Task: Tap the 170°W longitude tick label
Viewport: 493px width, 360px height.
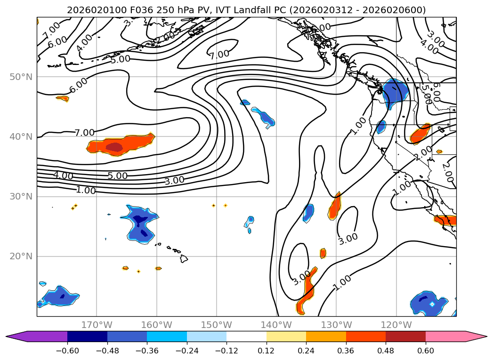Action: point(97,325)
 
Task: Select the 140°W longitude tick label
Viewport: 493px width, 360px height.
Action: point(276,325)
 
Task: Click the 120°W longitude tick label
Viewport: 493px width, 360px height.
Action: point(396,325)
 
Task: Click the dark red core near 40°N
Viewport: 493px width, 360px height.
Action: point(114,147)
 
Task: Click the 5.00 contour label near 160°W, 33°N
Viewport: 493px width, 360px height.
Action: point(117,176)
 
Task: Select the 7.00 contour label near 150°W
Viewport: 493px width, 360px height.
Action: point(219,55)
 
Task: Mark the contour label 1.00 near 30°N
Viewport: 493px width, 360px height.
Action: point(86,191)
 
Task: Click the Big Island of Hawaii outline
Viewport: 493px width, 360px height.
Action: point(184,259)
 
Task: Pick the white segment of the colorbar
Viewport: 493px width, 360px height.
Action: point(246,336)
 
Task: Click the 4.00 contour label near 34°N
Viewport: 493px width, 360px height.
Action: point(63,176)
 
